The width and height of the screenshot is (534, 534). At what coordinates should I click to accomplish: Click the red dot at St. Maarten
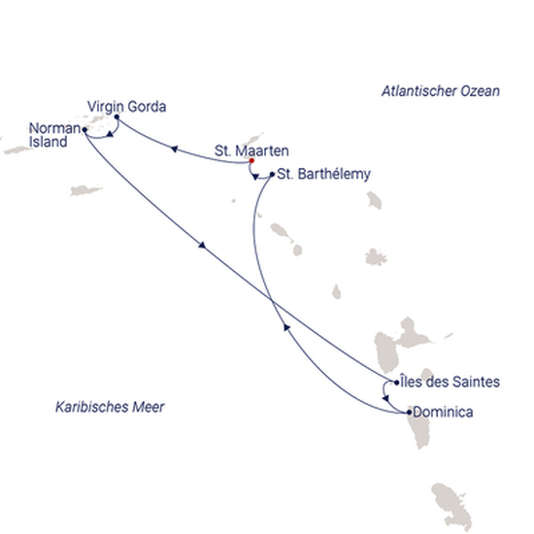pos(251,161)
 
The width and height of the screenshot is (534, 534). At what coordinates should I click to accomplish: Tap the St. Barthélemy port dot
pos(272,175)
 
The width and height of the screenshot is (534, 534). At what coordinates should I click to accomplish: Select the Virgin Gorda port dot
pos(117,117)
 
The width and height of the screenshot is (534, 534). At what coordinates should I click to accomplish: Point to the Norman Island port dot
pos(84,130)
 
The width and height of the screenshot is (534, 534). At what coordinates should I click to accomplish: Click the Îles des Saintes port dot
pos(396,383)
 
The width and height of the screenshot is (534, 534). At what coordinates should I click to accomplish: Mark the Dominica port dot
pos(409,413)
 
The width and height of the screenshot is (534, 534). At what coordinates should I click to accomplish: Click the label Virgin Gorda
pos(126,107)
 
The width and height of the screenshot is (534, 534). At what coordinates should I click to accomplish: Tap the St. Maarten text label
pos(251,150)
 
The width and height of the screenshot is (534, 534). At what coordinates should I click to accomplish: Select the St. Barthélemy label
pos(324,175)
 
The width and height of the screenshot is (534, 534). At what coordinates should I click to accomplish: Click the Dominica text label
pos(443,412)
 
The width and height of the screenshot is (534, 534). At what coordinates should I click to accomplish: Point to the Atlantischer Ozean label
pos(441,91)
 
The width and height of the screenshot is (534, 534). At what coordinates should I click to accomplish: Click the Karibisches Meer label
pos(110,407)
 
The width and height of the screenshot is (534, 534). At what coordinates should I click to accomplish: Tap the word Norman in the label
pos(54,129)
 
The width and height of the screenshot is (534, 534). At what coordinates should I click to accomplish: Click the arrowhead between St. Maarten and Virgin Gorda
pos(174,149)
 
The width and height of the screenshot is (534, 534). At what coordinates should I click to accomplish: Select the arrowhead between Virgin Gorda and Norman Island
pos(110,135)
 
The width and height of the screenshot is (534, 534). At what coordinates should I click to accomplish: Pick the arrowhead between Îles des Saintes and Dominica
pos(385,398)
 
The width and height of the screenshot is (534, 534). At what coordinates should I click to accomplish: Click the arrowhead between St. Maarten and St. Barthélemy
pos(255,177)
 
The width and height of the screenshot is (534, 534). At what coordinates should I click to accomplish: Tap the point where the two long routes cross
pos(272,300)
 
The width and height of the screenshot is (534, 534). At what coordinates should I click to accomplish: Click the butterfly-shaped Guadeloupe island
pos(402,343)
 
